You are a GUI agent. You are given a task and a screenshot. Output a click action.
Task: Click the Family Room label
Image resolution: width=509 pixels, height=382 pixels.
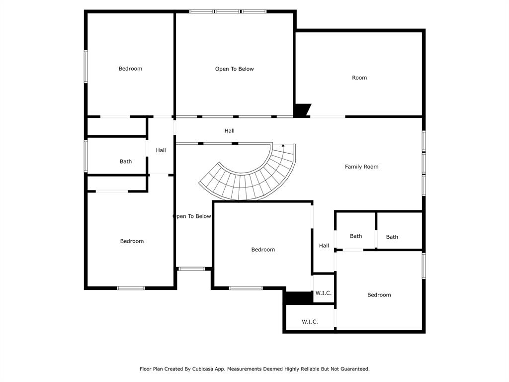[361, 167]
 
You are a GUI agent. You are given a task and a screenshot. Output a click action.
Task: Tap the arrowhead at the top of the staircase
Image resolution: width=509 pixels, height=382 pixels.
[283, 146]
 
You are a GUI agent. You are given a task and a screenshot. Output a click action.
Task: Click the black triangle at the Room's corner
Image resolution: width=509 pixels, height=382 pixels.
[301, 110]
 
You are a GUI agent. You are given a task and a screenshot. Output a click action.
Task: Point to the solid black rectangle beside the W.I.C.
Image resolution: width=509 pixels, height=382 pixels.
[297, 297]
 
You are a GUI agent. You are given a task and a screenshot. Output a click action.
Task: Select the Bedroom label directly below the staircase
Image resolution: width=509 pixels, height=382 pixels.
[263, 250]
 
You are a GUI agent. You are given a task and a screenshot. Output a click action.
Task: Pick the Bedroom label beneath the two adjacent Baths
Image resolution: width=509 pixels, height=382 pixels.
[379, 295]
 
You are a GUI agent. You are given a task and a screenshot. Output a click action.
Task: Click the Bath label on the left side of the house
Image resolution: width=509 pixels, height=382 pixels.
[126, 162]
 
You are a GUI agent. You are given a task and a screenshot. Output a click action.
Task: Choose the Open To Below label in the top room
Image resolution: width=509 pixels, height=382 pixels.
[234, 69]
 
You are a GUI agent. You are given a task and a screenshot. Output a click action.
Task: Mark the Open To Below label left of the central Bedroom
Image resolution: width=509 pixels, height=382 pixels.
[192, 216]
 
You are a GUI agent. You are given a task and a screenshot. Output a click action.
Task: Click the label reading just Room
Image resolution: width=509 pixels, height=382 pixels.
[359, 78]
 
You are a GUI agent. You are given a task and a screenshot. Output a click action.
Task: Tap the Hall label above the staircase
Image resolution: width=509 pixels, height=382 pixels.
[229, 131]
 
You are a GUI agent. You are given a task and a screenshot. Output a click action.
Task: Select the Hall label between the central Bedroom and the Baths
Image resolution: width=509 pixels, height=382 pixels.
[324, 246]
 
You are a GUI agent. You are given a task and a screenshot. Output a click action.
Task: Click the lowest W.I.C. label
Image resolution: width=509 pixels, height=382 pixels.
[310, 322]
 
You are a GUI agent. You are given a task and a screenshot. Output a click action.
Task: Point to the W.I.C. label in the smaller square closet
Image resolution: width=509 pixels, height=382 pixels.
[323, 293]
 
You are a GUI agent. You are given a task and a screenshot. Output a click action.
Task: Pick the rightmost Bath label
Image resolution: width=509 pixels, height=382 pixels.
[392, 237]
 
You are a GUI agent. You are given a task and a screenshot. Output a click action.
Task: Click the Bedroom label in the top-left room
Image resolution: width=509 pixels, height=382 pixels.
[130, 69]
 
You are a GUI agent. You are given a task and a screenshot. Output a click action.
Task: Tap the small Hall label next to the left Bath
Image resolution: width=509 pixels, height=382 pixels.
[161, 150]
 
